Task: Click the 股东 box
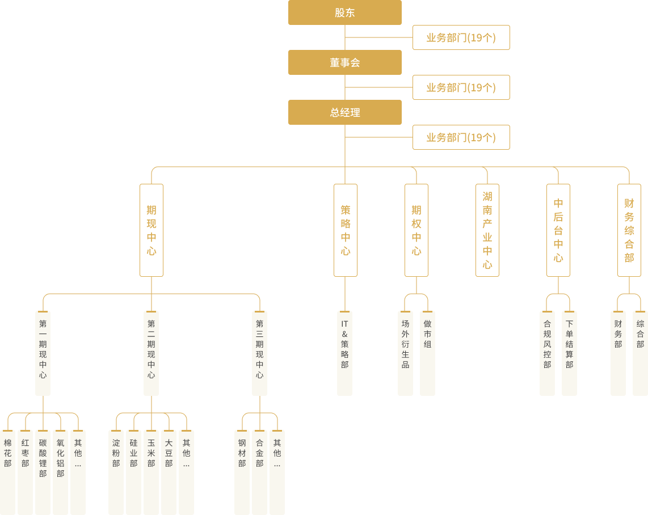tap(344, 12)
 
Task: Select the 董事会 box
tap(344, 62)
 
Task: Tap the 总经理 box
tap(344, 112)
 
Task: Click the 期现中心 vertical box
tap(152, 230)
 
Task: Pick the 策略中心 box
tap(346, 230)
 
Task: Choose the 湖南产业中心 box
tap(487, 230)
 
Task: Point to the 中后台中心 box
tap(558, 230)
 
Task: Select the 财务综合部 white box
tap(629, 230)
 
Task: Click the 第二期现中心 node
tap(151, 353)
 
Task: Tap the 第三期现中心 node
tap(259, 353)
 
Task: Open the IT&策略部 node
tap(344, 353)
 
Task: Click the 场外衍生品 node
tap(405, 353)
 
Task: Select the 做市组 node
tap(427, 353)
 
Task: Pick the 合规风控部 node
tap(547, 353)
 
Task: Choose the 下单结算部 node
tap(569, 353)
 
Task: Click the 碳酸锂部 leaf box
tap(43, 472)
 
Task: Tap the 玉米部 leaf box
tap(151, 472)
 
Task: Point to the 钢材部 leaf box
tap(242, 472)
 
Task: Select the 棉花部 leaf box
tap(7, 472)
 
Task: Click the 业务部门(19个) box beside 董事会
tap(461, 87)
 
